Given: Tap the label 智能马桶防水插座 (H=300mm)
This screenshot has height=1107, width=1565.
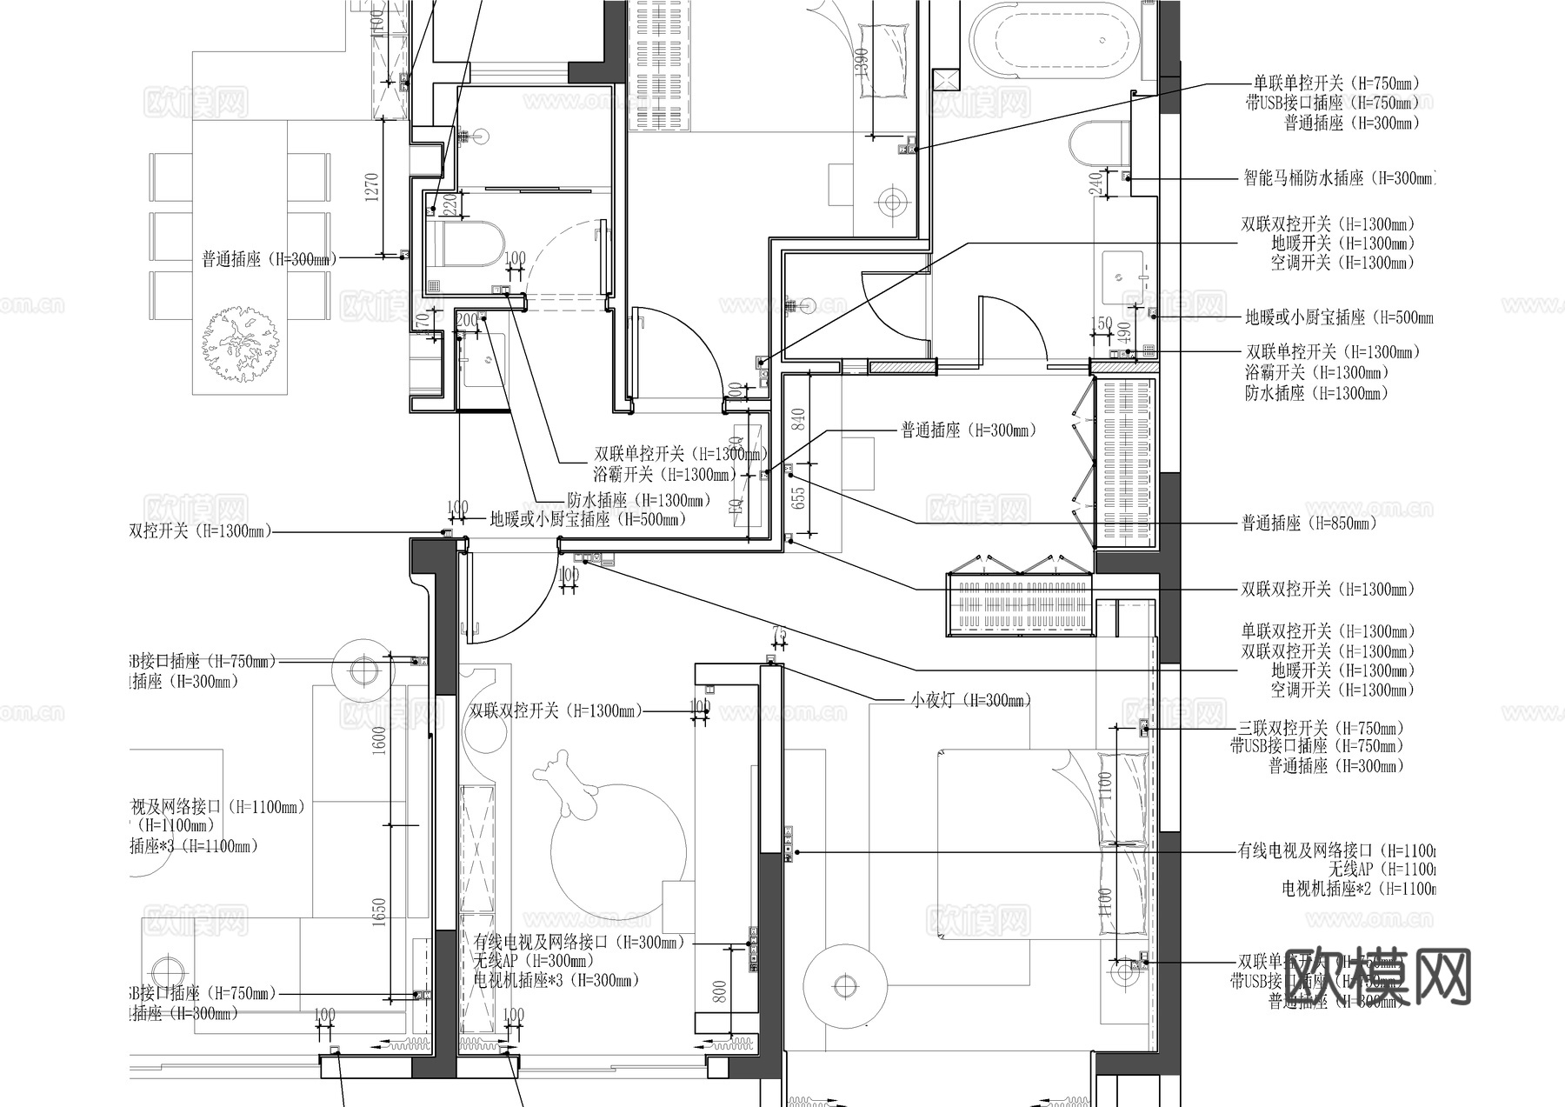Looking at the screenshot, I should tap(1339, 178).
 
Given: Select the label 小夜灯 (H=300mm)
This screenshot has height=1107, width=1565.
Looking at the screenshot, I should tap(970, 700).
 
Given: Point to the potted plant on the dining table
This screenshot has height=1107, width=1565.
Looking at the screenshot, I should tap(240, 343).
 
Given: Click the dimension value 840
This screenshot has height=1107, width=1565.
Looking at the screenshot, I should tap(799, 423).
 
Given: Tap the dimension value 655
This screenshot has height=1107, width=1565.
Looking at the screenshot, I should tap(799, 497).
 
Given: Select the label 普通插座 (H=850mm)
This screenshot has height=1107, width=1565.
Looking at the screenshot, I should tap(1309, 523).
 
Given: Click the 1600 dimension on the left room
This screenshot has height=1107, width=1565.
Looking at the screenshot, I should tap(379, 741).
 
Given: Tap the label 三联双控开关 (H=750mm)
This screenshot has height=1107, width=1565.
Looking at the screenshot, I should tap(1321, 728).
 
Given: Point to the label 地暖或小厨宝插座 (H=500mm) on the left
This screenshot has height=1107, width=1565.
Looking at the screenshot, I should tap(587, 520).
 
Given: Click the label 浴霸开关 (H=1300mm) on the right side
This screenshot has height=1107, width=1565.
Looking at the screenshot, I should tap(1316, 372).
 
